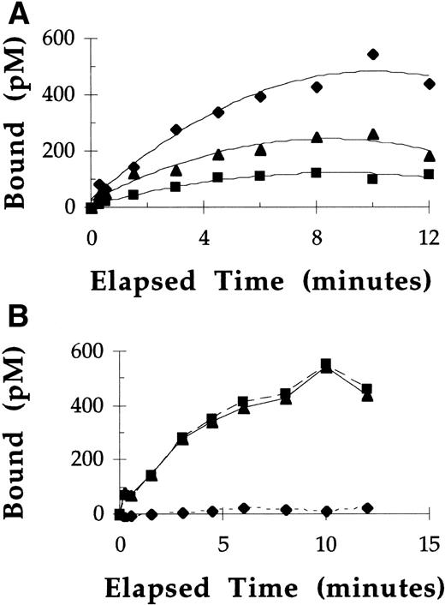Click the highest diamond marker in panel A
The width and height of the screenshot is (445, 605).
372,54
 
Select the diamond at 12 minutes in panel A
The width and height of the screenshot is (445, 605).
429,83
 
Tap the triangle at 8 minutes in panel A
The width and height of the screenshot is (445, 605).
317,137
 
